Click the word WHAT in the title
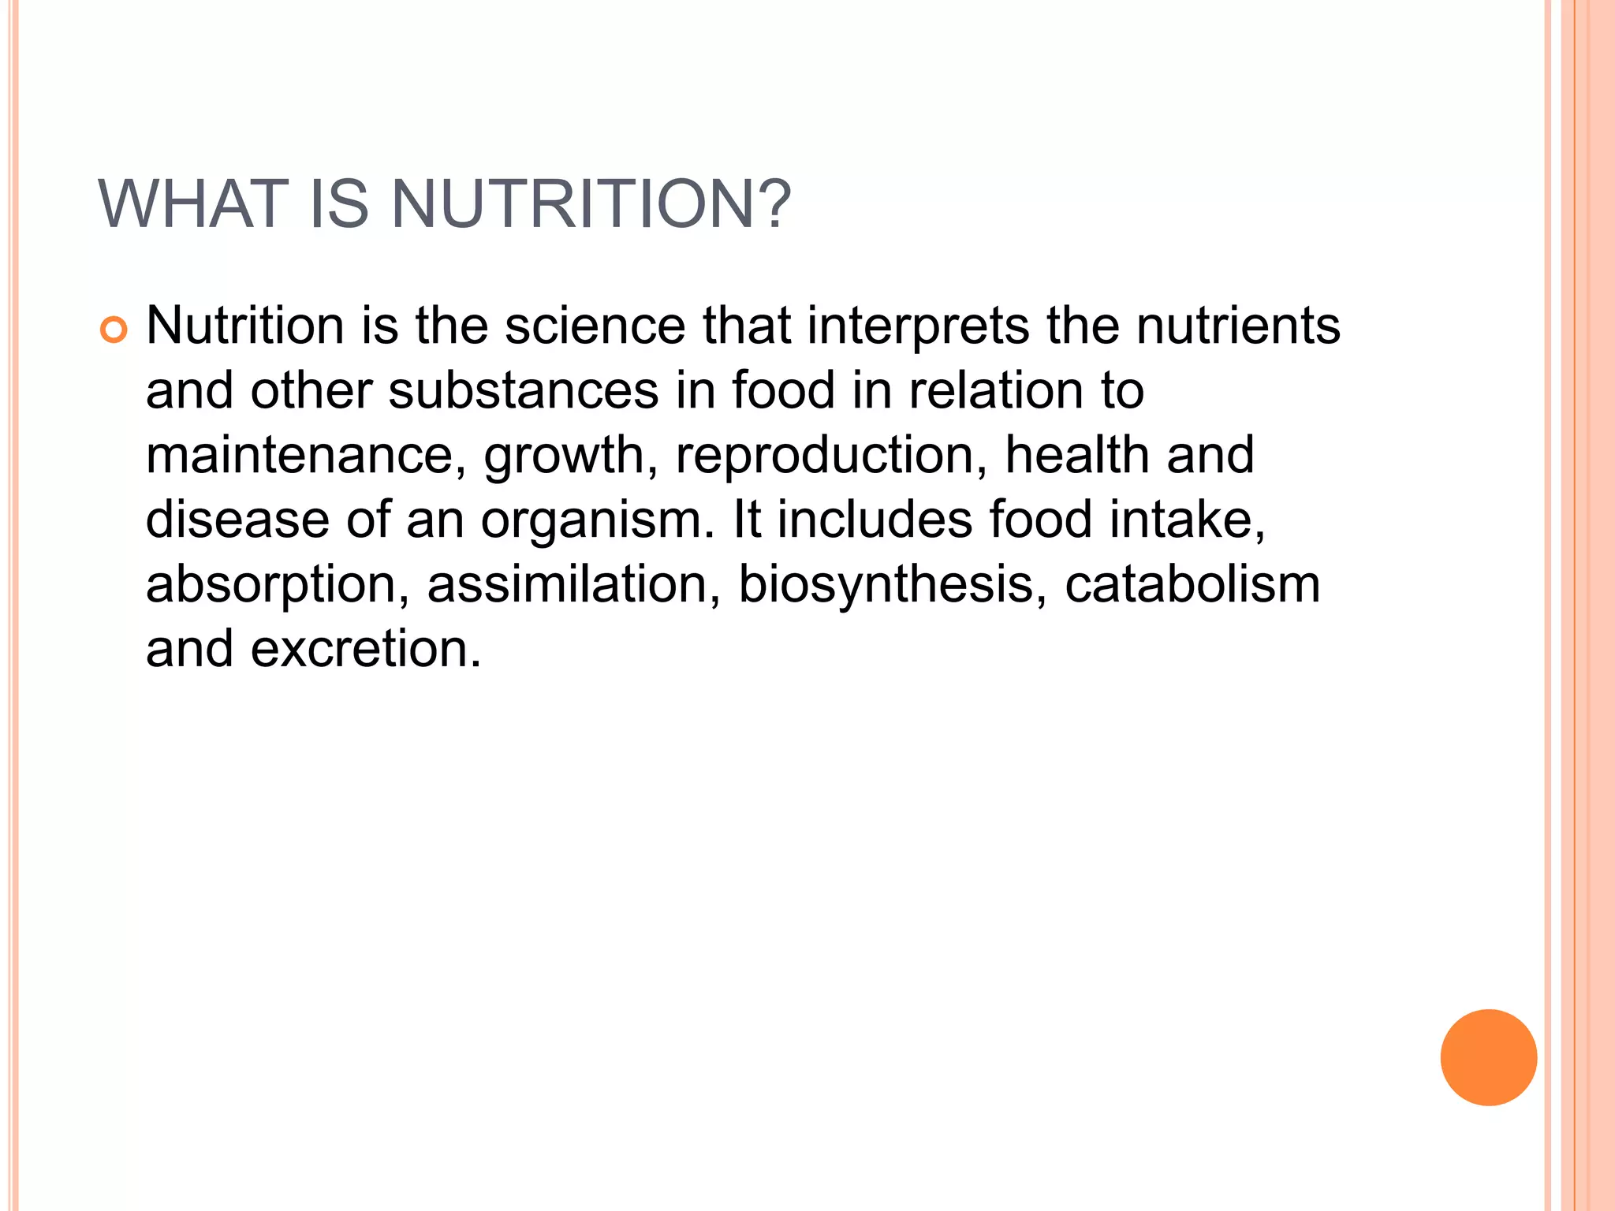tap(193, 204)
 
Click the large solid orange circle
tap(1488, 1057)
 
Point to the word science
tap(595, 326)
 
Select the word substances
tap(523, 390)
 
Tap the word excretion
tap(365, 650)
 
